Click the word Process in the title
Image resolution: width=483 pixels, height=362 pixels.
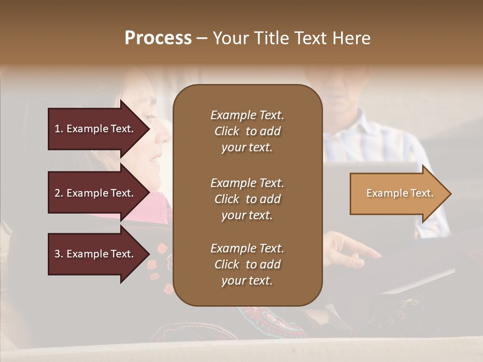click(x=158, y=38)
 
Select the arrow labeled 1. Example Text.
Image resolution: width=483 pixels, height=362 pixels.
click(x=96, y=129)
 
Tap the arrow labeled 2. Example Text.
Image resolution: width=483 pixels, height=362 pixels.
click(x=96, y=193)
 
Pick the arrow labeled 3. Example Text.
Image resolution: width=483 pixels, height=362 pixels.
click(x=96, y=254)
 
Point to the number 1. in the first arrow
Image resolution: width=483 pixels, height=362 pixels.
click(x=58, y=129)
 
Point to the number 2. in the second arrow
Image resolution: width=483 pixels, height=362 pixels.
click(x=58, y=193)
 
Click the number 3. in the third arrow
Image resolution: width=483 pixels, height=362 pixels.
click(x=58, y=254)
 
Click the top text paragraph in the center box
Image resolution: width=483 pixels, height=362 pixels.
click(x=247, y=131)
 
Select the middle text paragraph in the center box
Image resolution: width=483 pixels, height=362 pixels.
click(x=247, y=199)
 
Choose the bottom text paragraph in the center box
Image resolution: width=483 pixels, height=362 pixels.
click(x=247, y=264)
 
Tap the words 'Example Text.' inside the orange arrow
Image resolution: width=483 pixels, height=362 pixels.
click(x=399, y=193)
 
